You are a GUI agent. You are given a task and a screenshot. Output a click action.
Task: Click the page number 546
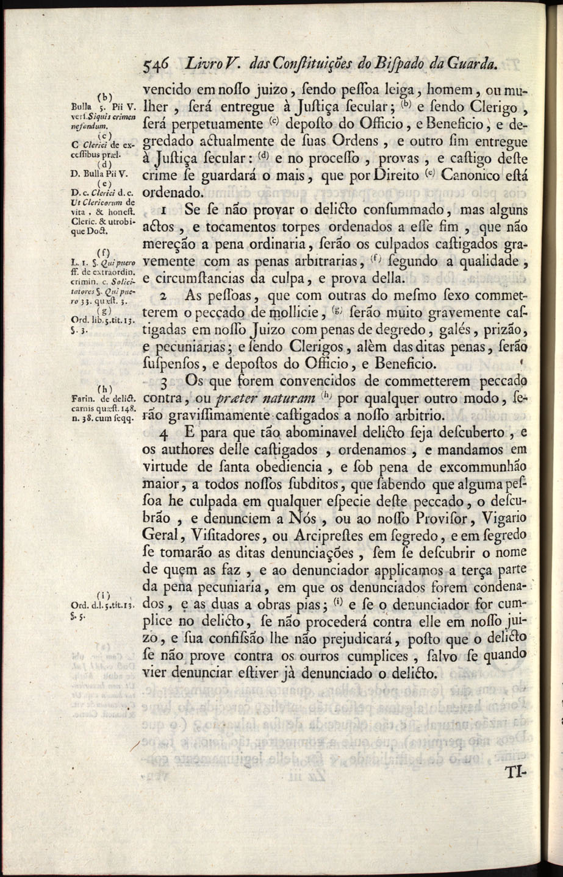coord(157,63)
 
